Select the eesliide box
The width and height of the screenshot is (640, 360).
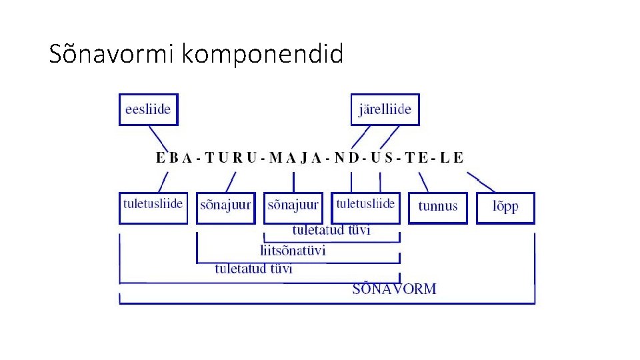149,109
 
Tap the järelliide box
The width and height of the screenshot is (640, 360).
385,109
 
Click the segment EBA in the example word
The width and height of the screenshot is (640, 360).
174,158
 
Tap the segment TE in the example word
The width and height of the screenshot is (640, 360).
419,158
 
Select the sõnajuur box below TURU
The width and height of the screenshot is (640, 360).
226,207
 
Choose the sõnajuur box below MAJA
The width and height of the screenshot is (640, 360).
293,207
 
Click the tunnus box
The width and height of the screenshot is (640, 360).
438,207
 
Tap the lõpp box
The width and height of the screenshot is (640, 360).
505,207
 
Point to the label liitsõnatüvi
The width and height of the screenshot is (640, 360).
293,251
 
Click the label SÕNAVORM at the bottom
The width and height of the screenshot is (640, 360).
394,289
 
